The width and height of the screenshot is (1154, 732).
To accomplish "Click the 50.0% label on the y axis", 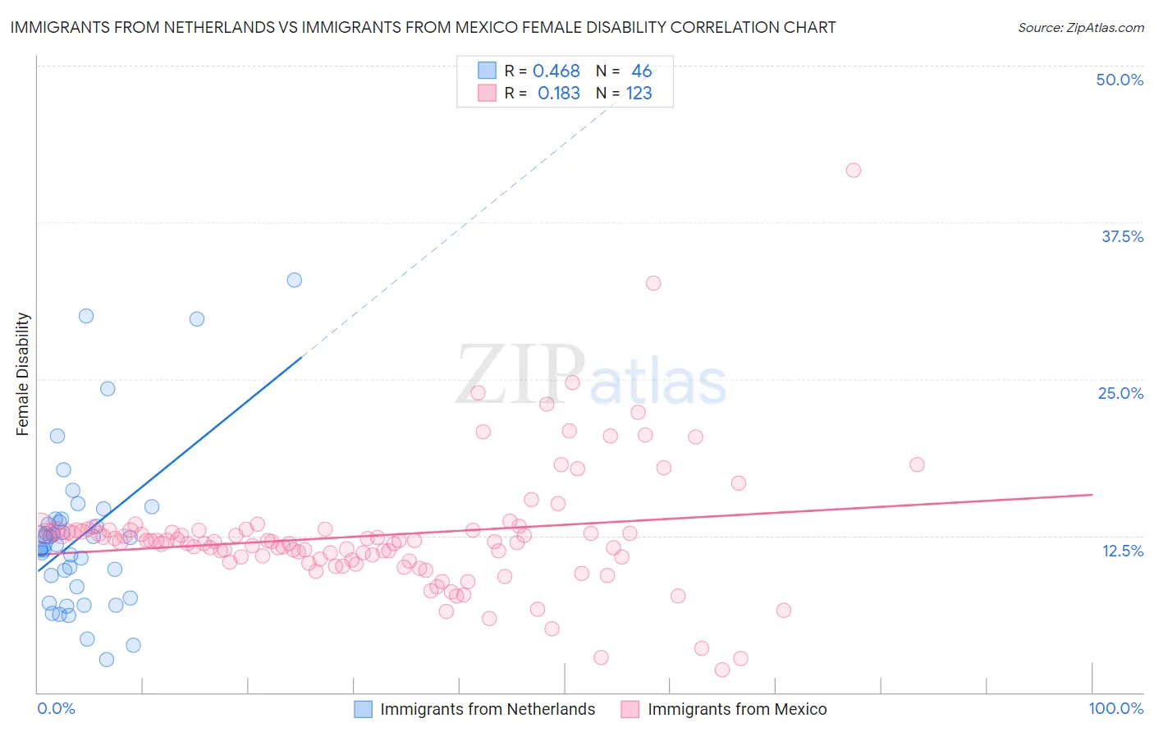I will point(1120,80).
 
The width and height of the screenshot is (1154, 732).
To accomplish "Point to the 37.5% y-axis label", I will point(1122,236).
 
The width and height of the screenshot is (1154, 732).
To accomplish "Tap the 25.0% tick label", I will point(1120,393).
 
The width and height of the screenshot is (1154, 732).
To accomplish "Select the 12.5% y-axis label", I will point(1122,551).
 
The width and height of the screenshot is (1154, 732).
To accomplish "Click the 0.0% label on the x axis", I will point(56,708).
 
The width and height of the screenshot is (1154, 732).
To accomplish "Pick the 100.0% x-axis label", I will point(1115,708).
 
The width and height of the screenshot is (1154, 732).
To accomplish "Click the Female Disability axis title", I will point(23,373).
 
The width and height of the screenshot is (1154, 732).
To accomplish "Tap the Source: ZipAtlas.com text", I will point(1080,28).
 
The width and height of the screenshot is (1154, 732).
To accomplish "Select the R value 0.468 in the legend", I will point(556,71).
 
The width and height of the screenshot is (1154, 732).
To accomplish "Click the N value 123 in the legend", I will point(639,94).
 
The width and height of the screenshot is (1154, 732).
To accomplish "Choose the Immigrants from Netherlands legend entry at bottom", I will point(487,709).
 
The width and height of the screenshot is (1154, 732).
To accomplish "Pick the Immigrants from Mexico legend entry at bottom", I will point(736,709).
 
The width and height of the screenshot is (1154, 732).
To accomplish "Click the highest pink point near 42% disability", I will point(854,171).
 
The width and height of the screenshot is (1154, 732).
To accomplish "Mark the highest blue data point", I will point(294,280).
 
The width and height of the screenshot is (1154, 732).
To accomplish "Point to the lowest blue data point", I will point(107,659).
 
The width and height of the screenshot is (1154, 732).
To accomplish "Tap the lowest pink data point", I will point(722,670).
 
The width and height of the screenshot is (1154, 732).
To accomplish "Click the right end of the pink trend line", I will point(1092,495).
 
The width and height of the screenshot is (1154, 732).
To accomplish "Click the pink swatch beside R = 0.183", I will point(488,94).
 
